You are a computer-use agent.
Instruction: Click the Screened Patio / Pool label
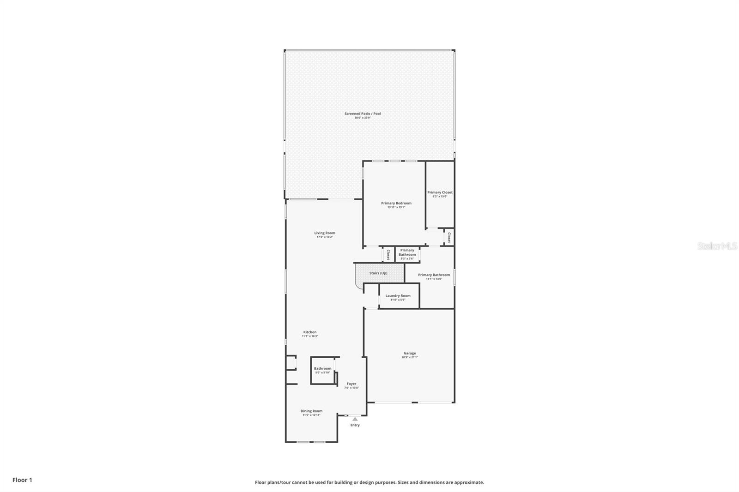click(x=363, y=114)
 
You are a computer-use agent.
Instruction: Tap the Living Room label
click(x=325, y=233)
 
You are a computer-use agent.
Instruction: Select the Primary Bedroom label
click(x=396, y=203)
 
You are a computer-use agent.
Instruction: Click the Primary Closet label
click(x=440, y=192)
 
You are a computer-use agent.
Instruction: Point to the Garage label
click(x=410, y=353)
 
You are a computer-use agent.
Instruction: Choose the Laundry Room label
click(x=398, y=296)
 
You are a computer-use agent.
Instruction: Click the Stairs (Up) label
click(x=378, y=273)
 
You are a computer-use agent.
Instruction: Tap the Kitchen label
click(x=310, y=332)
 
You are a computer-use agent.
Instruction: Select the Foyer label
click(x=351, y=384)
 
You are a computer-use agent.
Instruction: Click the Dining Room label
click(x=311, y=411)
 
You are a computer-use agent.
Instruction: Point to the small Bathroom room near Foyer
click(x=322, y=370)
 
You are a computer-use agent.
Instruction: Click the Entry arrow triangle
click(x=355, y=419)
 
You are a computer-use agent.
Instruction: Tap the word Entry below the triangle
click(x=355, y=425)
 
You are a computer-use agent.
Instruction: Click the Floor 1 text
click(x=22, y=480)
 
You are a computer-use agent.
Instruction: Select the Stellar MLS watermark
click(x=717, y=246)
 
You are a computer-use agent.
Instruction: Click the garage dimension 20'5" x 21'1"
click(x=410, y=357)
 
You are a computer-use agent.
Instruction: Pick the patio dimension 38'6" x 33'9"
click(x=363, y=118)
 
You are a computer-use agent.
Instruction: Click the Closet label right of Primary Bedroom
click(x=448, y=237)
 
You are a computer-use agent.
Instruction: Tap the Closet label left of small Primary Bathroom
click(x=388, y=255)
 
